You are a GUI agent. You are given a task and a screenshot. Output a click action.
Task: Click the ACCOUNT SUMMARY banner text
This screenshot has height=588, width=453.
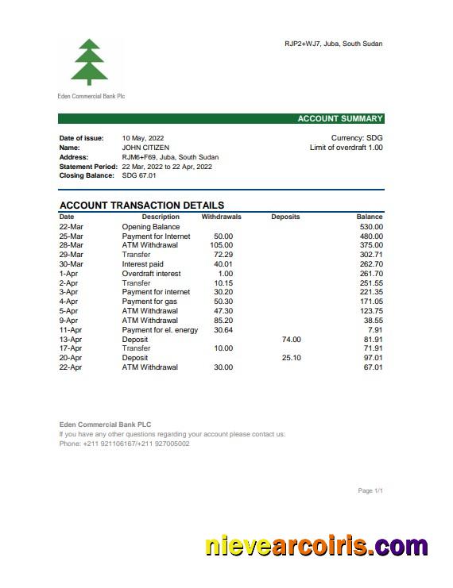[x=339, y=119]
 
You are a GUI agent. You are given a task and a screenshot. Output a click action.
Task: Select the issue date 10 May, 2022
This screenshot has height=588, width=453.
[x=143, y=138]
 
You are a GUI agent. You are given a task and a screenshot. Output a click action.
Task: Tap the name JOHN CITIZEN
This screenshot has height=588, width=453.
[x=145, y=148]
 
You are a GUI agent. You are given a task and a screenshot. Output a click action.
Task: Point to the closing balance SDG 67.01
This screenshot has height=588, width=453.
[x=139, y=175]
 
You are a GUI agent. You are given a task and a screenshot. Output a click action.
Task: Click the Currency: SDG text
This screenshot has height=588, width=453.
[x=357, y=138]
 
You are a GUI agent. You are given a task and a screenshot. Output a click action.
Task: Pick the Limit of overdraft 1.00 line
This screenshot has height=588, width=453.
[x=346, y=148]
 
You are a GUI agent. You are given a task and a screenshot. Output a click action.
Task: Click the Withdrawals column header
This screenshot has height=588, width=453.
[x=221, y=217]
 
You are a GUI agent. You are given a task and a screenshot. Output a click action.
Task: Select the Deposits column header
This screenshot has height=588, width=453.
[x=285, y=217]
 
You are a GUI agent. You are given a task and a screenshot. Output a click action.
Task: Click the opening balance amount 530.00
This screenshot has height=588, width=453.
[x=370, y=227]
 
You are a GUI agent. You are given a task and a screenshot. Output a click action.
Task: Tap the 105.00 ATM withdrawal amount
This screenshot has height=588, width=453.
[x=221, y=245]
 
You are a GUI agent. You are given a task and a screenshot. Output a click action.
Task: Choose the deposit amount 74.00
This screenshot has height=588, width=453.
[x=291, y=340]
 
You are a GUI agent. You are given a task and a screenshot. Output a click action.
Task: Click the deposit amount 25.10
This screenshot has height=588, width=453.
[x=291, y=358]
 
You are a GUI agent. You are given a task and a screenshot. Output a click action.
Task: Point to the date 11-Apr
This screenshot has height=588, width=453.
[x=71, y=330]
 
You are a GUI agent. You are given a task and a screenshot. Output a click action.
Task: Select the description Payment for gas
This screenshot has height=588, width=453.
[x=149, y=302]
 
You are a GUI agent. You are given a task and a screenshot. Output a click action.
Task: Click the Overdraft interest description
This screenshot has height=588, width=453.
[x=151, y=274]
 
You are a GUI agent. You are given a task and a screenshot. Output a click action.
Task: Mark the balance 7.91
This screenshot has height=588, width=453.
[x=375, y=330]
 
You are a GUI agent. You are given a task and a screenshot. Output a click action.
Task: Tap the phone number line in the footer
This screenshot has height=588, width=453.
[x=124, y=444]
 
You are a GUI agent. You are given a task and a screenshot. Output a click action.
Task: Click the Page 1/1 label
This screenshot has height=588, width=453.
[x=370, y=491]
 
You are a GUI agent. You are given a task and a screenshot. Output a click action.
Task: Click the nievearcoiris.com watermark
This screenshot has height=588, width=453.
[x=316, y=546]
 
